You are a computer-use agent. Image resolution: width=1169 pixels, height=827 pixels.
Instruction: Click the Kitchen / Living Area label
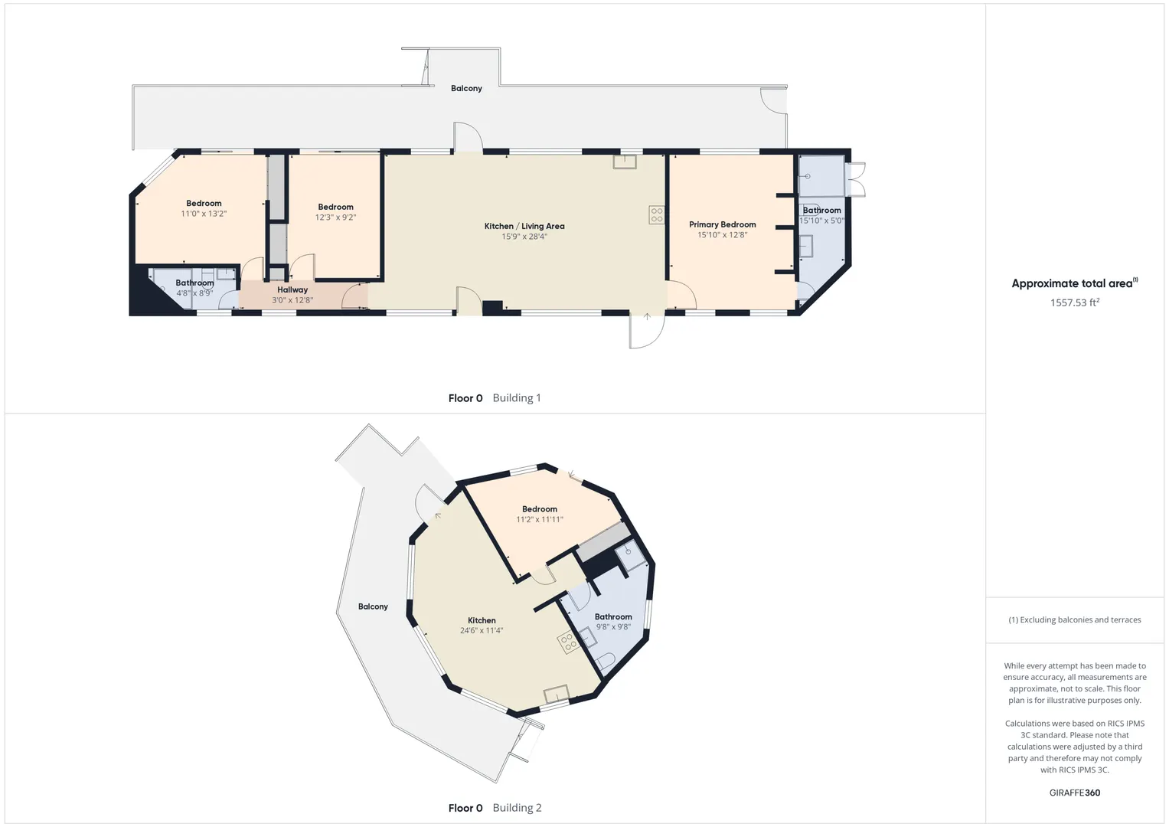524,226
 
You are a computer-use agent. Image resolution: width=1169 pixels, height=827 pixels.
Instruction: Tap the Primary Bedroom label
722,224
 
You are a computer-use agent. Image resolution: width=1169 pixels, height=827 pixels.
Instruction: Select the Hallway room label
292,289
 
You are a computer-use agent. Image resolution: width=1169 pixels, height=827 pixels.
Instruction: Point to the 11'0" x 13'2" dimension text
204,214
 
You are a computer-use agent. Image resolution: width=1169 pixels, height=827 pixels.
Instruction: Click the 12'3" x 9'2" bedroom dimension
335,217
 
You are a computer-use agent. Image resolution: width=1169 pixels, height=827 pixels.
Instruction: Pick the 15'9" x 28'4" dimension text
524,237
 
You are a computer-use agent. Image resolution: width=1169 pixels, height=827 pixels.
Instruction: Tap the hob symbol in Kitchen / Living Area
657,214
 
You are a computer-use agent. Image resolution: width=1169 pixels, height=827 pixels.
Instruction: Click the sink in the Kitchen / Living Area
625,162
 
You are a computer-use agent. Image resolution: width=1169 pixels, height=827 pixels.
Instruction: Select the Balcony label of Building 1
466,88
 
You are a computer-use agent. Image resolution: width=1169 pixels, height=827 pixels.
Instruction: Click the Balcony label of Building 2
373,606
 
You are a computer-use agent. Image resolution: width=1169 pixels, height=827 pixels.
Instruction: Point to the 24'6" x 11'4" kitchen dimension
482,630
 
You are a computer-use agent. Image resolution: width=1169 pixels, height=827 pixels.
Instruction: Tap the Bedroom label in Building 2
539,509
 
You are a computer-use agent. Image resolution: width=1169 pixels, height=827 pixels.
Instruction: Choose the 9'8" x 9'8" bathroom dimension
613,626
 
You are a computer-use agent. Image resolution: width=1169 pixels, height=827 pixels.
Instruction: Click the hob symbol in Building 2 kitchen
568,642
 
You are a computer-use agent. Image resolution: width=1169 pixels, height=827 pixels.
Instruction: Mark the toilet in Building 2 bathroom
606,661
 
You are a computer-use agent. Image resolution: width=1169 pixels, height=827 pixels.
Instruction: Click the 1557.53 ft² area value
1075,302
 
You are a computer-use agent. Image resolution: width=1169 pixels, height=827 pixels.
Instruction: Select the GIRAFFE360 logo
1075,793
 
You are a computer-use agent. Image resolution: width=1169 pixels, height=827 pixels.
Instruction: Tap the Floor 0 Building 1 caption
495,398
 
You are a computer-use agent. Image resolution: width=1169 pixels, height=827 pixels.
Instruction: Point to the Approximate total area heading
1075,283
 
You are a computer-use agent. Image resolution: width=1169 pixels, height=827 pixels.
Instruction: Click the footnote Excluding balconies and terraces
1075,619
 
